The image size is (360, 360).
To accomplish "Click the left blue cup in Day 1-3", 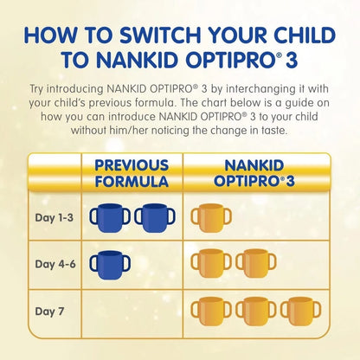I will (x=106, y=218).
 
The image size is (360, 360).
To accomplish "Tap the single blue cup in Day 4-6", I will (x=106, y=265).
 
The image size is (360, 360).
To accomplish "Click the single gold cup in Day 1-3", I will (x=208, y=218).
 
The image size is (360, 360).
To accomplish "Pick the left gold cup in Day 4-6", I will (x=208, y=265).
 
